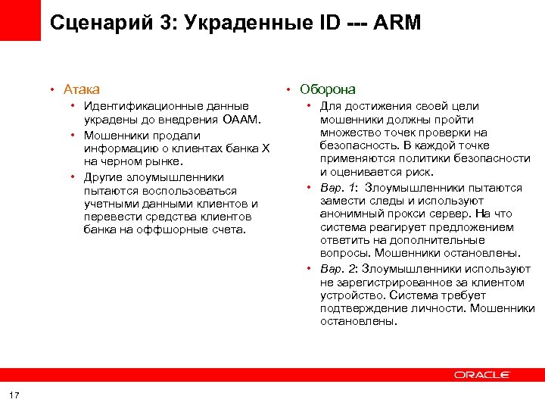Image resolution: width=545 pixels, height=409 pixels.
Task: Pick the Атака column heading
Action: coord(82,89)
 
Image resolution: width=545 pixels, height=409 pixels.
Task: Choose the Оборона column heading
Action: coord(328,89)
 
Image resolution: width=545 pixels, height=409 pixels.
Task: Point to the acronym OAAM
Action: coord(241,120)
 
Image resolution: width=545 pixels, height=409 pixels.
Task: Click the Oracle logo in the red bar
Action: coord(482,375)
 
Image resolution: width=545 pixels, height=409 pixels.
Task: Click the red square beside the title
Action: coord(20,20)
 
